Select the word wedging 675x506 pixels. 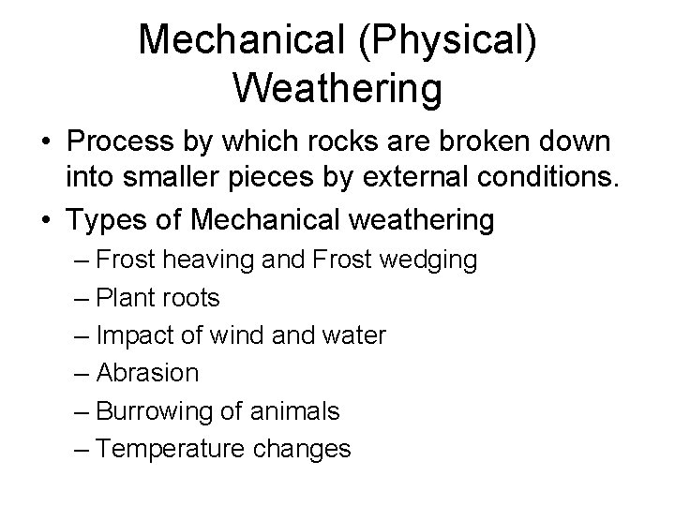pos(431,260)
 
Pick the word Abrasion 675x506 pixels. pos(147,373)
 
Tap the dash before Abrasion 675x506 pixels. pos(82,373)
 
